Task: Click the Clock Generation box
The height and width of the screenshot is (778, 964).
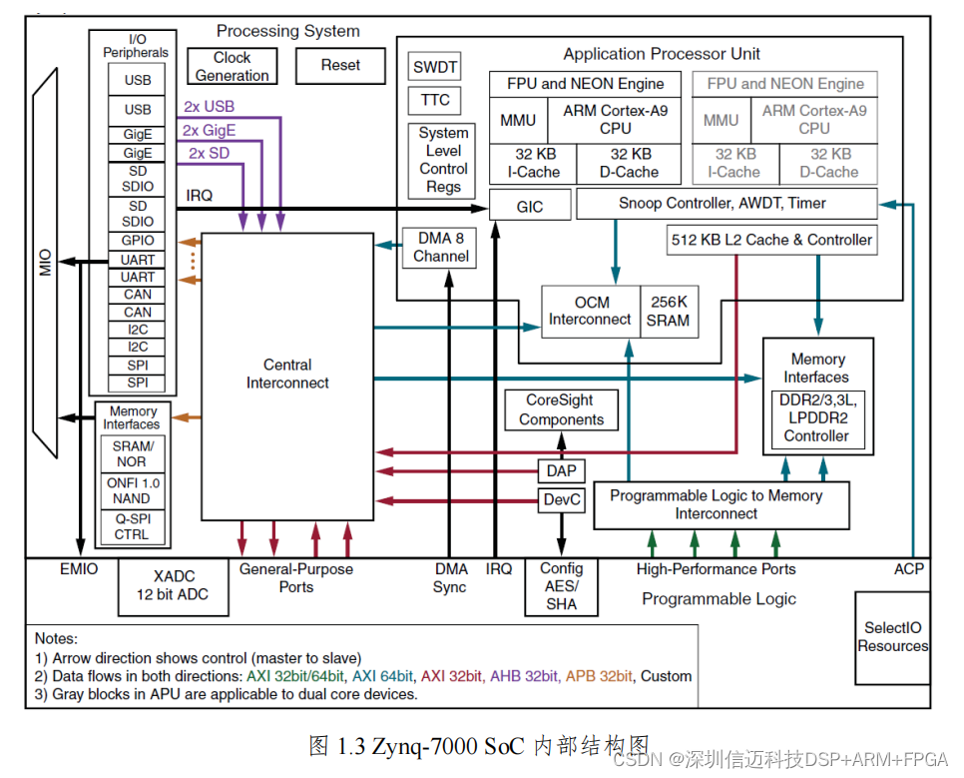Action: click(x=232, y=67)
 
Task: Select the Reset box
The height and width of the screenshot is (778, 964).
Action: click(x=340, y=66)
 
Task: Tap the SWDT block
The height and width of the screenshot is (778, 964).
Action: click(x=434, y=68)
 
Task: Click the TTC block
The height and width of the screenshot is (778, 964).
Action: click(x=434, y=100)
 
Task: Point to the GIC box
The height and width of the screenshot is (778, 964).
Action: click(x=530, y=207)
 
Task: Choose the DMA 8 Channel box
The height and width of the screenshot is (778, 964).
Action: click(x=441, y=248)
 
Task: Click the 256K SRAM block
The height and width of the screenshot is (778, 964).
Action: click(x=668, y=311)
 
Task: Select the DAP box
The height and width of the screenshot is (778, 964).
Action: click(x=561, y=470)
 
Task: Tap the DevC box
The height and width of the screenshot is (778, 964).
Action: click(x=561, y=499)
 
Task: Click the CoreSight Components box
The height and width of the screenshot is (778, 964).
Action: click(x=561, y=410)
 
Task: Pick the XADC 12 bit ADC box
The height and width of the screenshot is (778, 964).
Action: click(x=175, y=586)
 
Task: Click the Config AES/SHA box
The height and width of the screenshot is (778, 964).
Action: click(x=561, y=586)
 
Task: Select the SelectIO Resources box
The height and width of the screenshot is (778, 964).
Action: click(x=892, y=637)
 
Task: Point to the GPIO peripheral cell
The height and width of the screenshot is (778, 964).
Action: click(x=138, y=241)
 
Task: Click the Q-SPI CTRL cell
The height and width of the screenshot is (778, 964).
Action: click(x=131, y=526)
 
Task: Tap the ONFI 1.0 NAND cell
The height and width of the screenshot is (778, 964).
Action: click(x=131, y=490)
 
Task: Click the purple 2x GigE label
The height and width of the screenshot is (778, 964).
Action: click(x=209, y=130)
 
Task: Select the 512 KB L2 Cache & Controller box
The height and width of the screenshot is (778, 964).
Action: click(x=771, y=240)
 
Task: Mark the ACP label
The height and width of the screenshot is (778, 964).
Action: click(x=908, y=569)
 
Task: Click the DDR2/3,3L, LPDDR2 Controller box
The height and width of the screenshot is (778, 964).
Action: click(x=816, y=417)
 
